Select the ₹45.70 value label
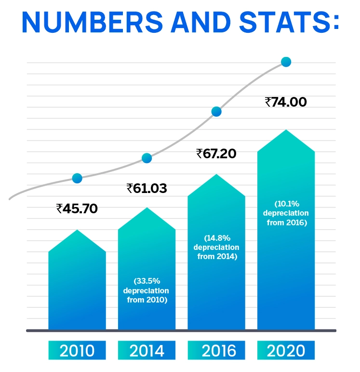click(x=77, y=209)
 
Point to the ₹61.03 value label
click(x=147, y=188)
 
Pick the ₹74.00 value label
click(x=286, y=102)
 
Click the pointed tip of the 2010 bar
click(x=77, y=231)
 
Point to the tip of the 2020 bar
click(x=286, y=130)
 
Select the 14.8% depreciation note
click(x=216, y=248)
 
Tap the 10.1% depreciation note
click(x=286, y=213)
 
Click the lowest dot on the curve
click(x=77, y=178)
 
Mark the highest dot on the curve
click(x=286, y=62)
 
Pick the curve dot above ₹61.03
click(x=147, y=158)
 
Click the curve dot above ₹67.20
click(x=216, y=111)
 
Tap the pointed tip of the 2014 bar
click(x=147, y=208)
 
